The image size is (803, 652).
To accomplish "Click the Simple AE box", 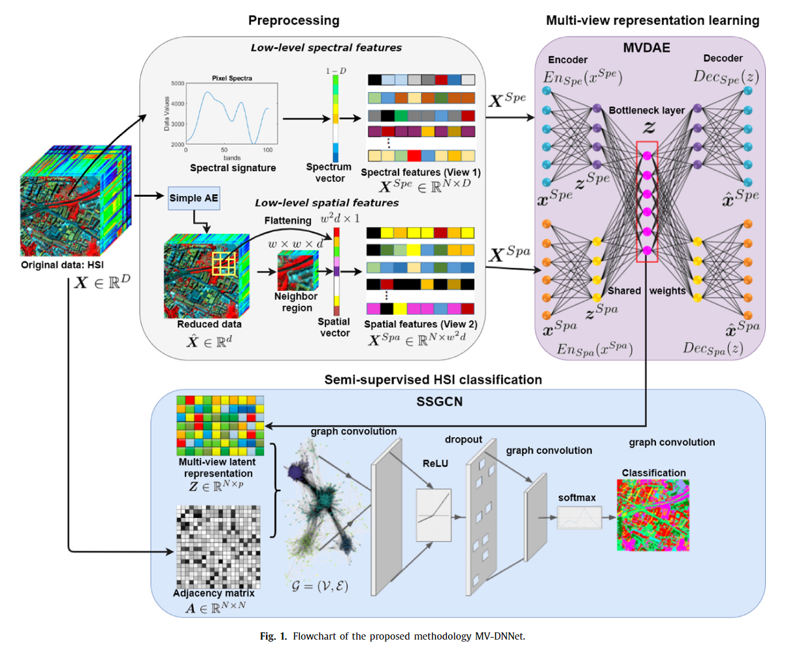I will [x=193, y=198].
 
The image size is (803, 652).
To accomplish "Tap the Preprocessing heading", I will [x=293, y=20].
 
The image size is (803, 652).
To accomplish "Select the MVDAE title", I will [x=647, y=48].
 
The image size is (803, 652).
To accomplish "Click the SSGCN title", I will [x=439, y=401].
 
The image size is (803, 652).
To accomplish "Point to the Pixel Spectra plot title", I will [x=232, y=78].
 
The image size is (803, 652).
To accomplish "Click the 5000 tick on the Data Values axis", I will [x=177, y=84].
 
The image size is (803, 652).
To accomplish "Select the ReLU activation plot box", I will [x=434, y=515].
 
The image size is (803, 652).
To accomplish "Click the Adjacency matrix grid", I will [x=218, y=547].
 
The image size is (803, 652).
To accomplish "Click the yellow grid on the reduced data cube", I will [x=223, y=264].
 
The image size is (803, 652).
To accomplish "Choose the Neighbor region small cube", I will [x=297, y=270].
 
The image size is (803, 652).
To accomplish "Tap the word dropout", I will [x=463, y=440].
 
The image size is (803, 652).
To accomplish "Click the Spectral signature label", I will [x=233, y=168].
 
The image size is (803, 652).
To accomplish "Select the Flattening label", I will [x=287, y=221].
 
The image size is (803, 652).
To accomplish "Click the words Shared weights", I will [x=646, y=291].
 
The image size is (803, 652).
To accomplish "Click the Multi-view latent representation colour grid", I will [x=220, y=425].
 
